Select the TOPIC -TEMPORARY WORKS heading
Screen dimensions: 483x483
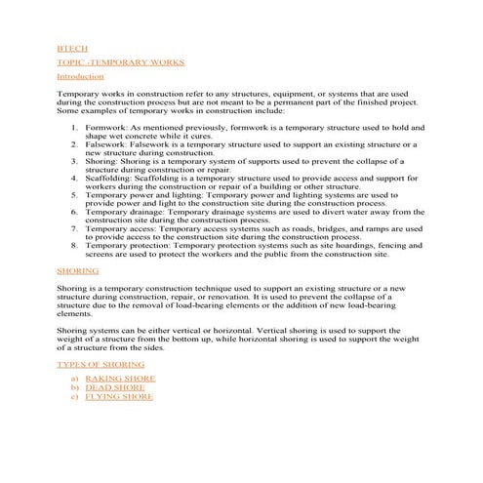tap(106, 60)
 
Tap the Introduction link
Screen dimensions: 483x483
tap(80, 76)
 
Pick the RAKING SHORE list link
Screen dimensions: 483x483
tap(119, 377)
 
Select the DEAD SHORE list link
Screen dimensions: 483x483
tap(115, 387)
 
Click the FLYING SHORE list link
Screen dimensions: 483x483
tap(119, 397)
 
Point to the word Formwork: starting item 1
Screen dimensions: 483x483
tap(106, 128)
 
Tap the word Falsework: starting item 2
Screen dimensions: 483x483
tap(107, 144)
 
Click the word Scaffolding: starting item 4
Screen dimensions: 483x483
tap(110, 178)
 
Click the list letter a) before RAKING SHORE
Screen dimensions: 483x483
tap(74, 377)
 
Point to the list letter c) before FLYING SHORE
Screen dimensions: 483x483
tap(74, 397)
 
